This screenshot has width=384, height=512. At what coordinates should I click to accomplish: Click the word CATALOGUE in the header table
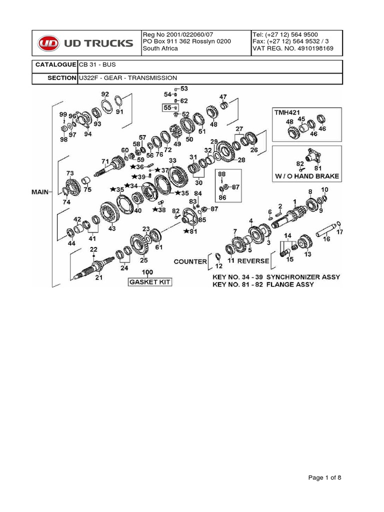[55, 65]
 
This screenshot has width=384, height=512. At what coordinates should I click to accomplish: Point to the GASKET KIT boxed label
[150, 282]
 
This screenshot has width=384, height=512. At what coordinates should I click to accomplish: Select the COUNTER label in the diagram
[190, 261]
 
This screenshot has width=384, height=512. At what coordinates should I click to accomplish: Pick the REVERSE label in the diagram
[253, 261]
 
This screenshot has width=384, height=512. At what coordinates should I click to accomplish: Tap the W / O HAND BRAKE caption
[307, 176]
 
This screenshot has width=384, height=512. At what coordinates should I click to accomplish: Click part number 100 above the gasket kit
[148, 272]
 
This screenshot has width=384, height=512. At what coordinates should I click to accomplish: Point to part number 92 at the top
[105, 94]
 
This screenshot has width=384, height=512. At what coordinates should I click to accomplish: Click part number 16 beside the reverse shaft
[326, 239]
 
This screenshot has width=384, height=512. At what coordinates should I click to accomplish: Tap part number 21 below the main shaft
[99, 277]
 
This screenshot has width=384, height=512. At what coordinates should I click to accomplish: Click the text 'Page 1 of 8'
[325, 478]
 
